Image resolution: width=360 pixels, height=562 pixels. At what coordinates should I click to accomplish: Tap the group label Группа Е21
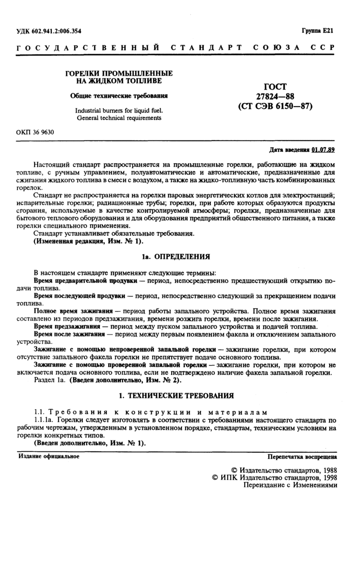coord(318,31)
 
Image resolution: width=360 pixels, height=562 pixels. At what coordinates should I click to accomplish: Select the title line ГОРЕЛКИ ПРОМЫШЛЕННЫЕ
coord(119,74)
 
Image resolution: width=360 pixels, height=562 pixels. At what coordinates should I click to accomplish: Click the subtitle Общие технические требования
coord(119,96)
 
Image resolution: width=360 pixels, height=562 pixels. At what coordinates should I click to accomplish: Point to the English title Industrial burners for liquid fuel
coord(119,110)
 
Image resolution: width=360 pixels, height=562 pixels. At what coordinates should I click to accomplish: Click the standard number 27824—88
coord(275,97)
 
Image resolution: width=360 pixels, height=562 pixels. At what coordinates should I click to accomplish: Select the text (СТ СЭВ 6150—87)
coord(275,107)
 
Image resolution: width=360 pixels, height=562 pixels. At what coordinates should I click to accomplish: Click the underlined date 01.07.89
coord(323,150)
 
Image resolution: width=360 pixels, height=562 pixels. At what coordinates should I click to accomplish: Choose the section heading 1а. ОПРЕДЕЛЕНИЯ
coord(176,256)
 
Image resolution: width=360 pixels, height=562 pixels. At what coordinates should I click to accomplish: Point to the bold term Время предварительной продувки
coord(85,281)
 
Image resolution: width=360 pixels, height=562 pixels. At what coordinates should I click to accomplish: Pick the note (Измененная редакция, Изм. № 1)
coord(88,241)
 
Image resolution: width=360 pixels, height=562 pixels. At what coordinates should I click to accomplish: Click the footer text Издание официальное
coord(49,456)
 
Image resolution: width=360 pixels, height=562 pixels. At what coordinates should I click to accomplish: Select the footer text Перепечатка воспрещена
coord(302,456)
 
